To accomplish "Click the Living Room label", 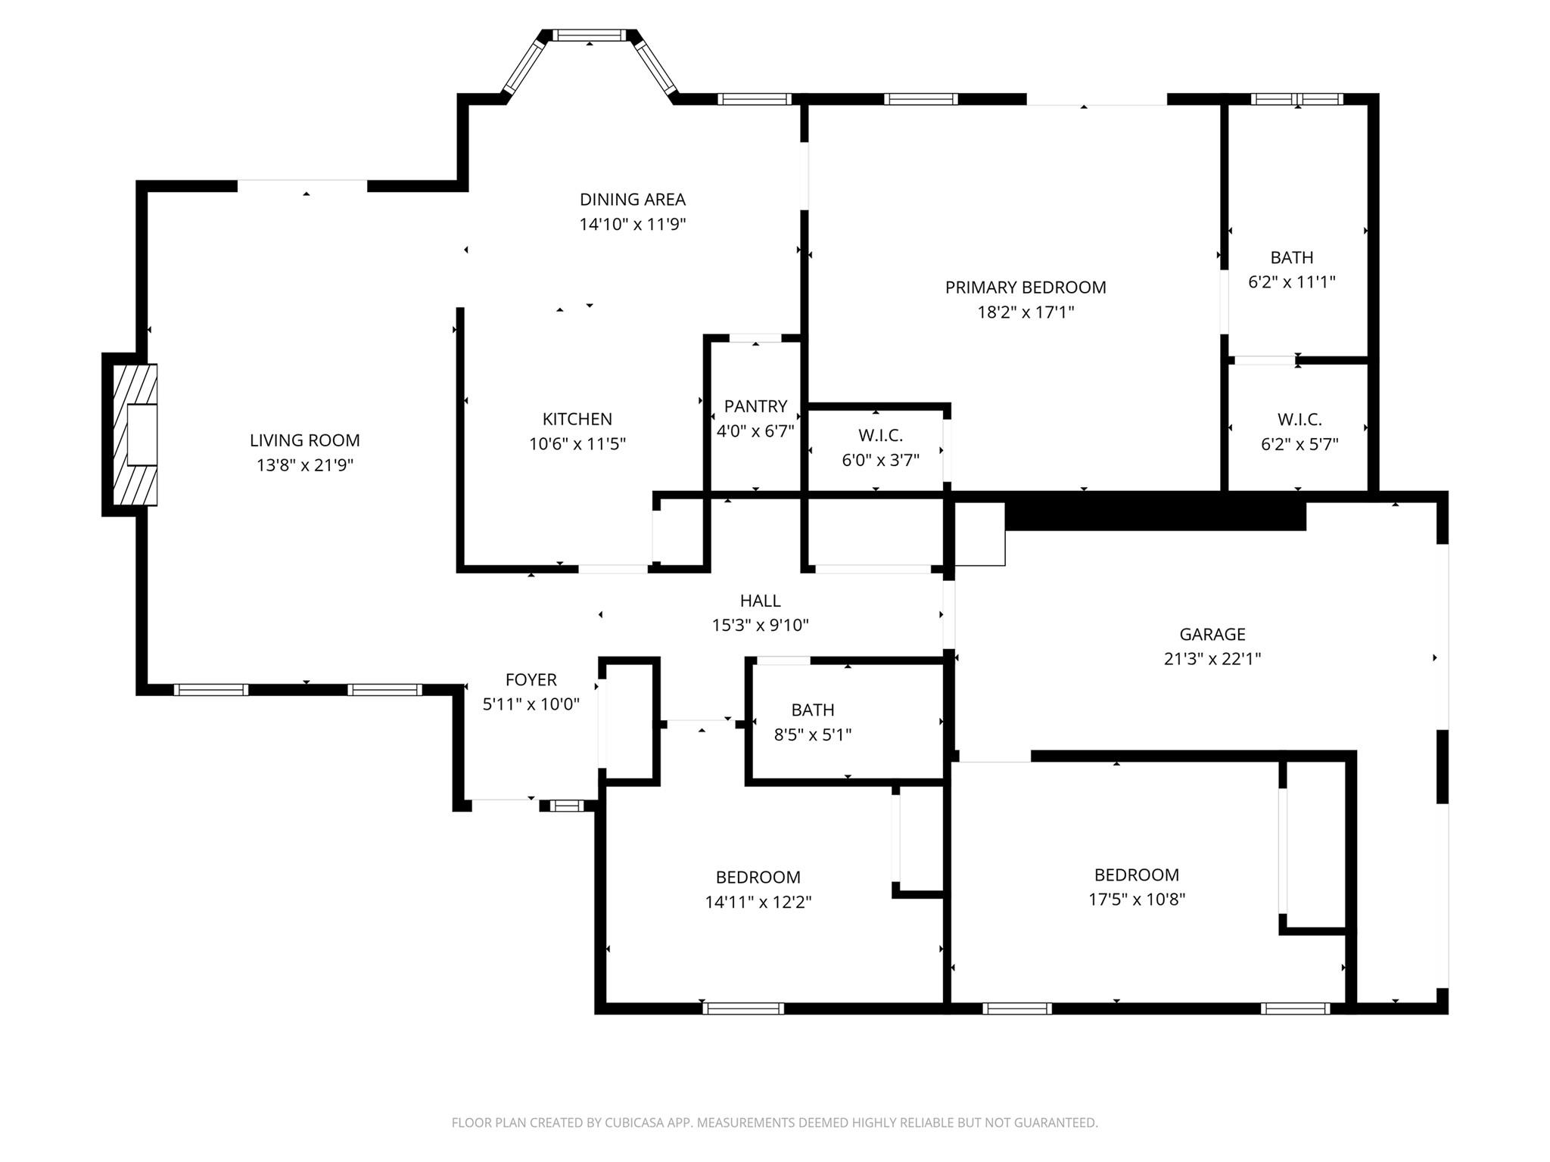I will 304,440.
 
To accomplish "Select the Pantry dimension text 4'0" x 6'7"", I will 755,431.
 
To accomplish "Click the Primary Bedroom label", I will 1025,287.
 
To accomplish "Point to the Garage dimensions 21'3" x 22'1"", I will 1212,659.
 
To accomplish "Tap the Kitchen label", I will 577,419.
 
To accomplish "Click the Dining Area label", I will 632,200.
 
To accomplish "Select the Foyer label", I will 531,680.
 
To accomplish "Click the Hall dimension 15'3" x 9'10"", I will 760,626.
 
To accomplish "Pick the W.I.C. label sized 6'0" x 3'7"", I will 880,436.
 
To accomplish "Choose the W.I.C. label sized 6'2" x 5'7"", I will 1299,419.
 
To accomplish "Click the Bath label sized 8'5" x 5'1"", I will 812,710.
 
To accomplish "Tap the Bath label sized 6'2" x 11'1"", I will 1291,258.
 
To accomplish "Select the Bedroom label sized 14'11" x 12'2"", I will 758,878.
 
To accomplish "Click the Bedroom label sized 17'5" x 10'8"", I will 1136,875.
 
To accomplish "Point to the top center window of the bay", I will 589,35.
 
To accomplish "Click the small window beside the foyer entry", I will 566,806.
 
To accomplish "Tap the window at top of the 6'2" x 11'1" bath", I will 1296,99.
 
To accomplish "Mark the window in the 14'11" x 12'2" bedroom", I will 742,1008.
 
